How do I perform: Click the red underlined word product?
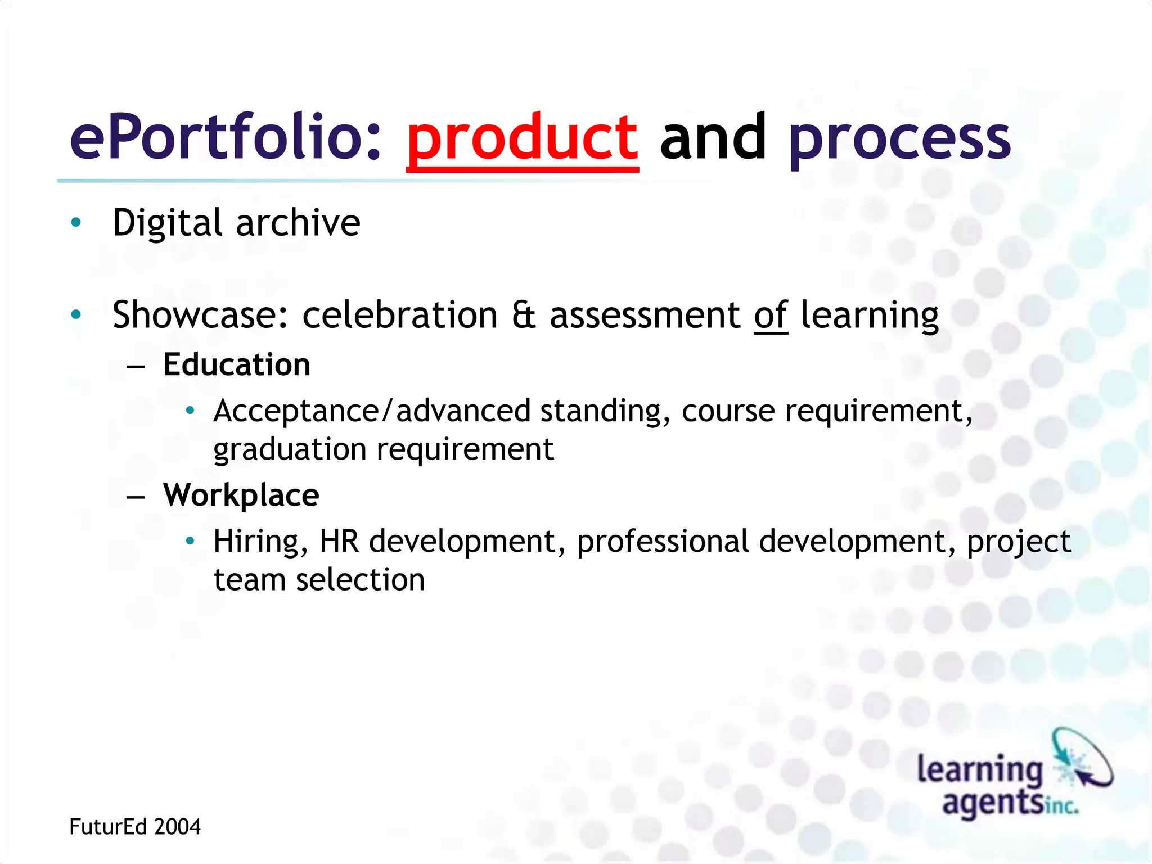tap(522, 138)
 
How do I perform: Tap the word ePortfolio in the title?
tap(225, 138)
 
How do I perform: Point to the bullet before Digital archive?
tap(76, 222)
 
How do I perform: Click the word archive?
tap(298, 223)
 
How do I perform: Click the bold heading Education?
tap(236, 364)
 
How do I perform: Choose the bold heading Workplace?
tap(241, 495)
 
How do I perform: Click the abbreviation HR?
tap(339, 541)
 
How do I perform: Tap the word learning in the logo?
tap(980, 769)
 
